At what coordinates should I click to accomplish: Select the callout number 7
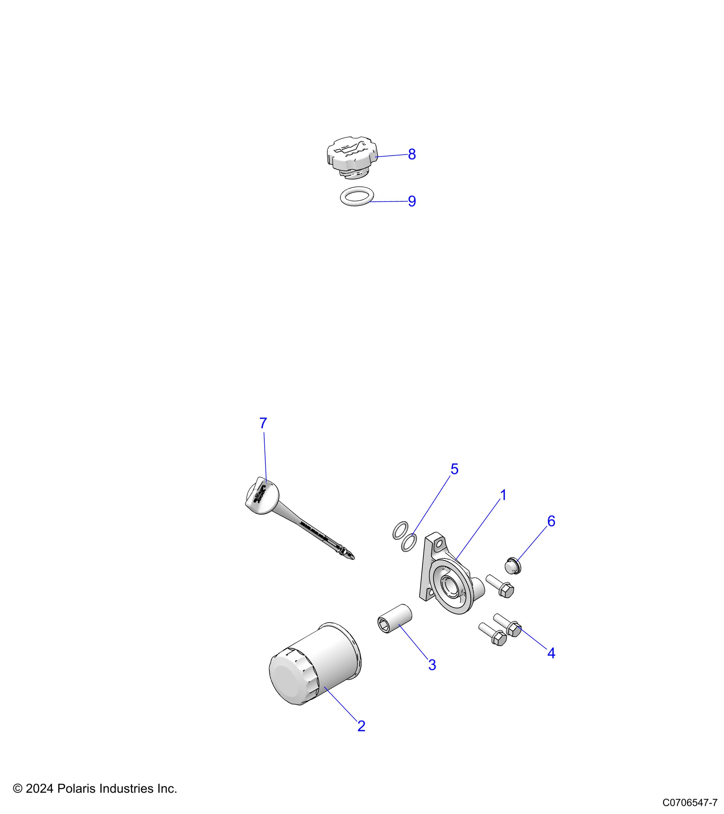(x=263, y=423)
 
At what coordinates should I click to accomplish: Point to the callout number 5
(x=454, y=469)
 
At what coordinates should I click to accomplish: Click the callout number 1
(x=503, y=495)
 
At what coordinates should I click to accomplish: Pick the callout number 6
(x=551, y=521)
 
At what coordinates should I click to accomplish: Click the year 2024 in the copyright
(x=40, y=788)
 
